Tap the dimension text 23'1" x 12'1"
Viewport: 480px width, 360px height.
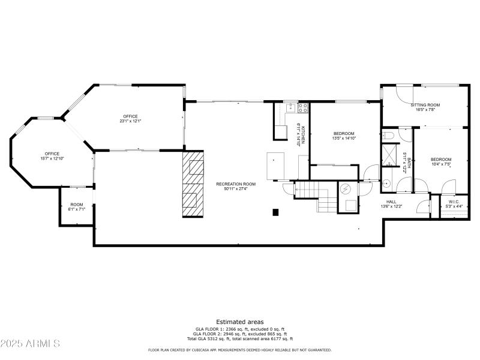(131, 121)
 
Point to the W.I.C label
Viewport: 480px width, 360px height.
(453, 202)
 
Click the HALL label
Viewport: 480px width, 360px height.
(391, 202)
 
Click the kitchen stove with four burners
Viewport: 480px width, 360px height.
(303, 108)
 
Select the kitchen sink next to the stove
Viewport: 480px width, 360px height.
(290, 108)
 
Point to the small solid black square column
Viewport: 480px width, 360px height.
(275, 212)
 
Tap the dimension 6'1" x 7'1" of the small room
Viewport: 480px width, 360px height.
(77, 209)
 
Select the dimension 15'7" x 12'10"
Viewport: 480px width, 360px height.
(52, 158)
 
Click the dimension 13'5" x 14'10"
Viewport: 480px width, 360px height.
(344, 139)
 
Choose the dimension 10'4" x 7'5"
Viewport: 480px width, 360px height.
(440, 164)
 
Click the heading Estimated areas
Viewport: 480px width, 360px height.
(239, 322)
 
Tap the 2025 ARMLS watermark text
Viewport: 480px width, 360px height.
(30, 344)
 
